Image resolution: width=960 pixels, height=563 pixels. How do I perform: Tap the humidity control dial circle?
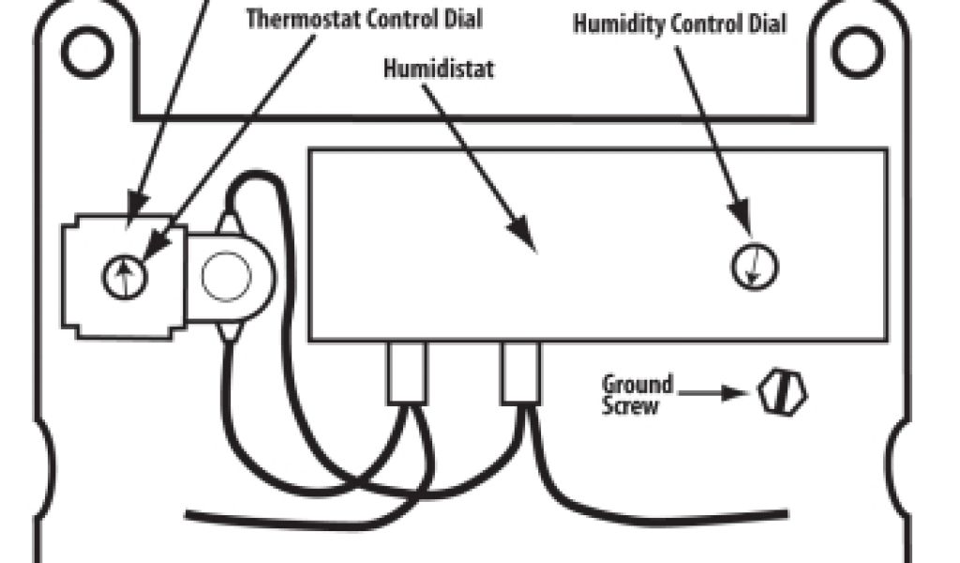point(755,266)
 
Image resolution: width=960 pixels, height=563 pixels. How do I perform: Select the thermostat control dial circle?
point(125,278)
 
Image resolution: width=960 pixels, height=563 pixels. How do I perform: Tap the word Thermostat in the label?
point(297,20)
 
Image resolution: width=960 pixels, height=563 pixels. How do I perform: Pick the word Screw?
point(631,406)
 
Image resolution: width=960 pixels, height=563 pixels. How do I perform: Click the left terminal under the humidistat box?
point(407,373)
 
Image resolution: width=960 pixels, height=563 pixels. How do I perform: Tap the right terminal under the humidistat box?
point(520,373)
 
